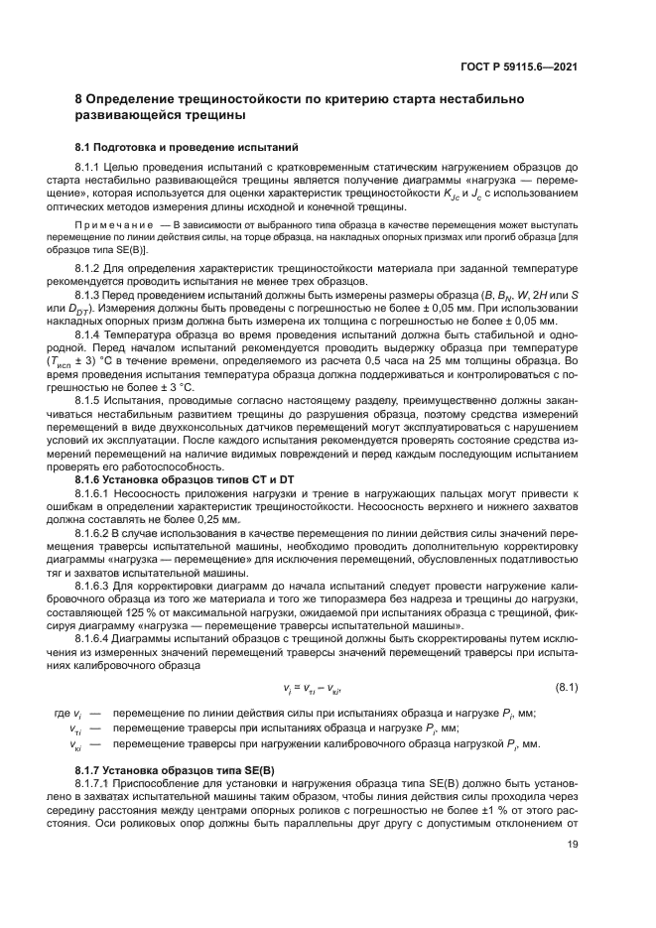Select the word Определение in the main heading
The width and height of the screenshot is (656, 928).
pos(130,100)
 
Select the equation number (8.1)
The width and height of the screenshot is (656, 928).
pos(566,687)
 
